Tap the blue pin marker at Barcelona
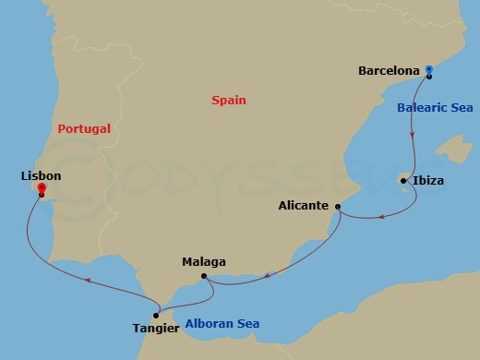[x=428, y=69]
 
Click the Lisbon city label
[x=40, y=174]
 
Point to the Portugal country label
[x=84, y=129]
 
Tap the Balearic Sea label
[x=435, y=107]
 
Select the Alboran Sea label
[x=222, y=323]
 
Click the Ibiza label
[x=428, y=181]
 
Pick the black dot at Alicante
[x=338, y=207]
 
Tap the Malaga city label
[x=204, y=261]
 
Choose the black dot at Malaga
[x=204, y=275]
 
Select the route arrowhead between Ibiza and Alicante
[x=380, y=219]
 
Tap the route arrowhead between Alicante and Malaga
[x=268, y=272]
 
